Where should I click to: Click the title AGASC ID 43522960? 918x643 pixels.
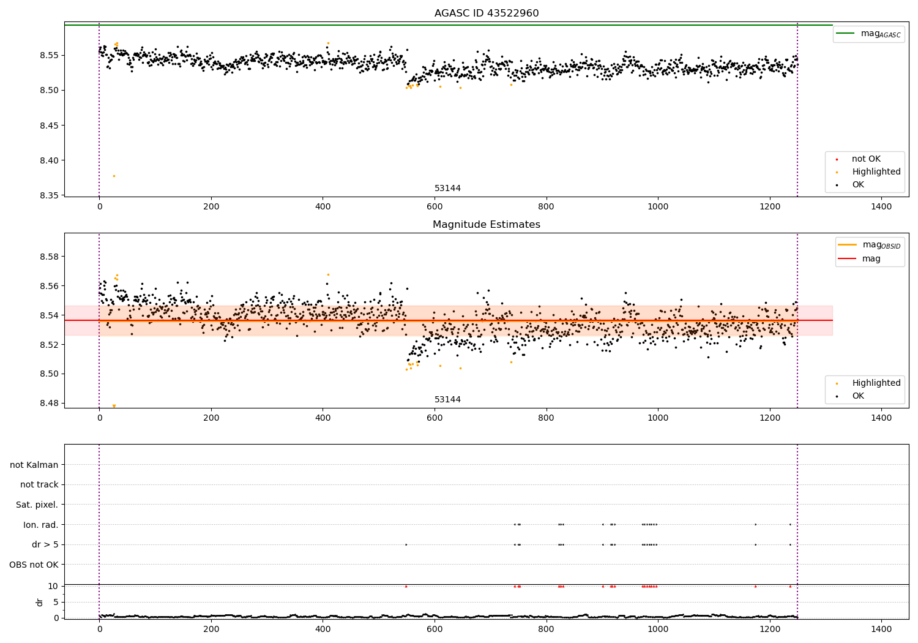(487, 13)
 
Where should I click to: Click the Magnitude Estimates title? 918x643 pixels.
(487, 225)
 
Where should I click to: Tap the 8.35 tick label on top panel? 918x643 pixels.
(48, 196)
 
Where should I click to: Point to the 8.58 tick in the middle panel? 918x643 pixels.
(48, 257)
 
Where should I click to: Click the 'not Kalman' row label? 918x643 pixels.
(34, 465)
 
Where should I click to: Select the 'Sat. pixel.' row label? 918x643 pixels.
(37, 505)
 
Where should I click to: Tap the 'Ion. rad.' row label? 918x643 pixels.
(41, 525)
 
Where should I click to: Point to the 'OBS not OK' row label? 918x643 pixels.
(34, 565)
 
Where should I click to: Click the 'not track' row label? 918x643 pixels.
(39, 485)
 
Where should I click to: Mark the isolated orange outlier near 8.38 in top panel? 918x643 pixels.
(114, 176)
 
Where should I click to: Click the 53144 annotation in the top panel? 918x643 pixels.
(447, 189)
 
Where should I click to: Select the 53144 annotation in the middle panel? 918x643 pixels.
(447, 400)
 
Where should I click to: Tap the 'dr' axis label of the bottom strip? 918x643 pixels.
(40, 602)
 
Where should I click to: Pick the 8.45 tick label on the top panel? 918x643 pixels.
(48, 126)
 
